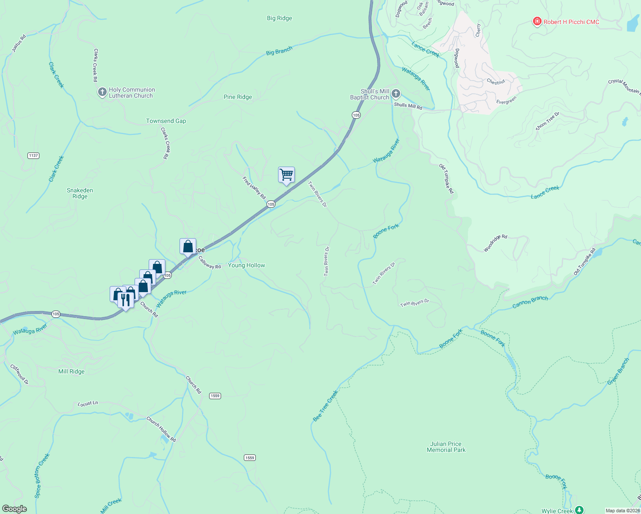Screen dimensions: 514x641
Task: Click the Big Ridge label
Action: click(x=279, y=18)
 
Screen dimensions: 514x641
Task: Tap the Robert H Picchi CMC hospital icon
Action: click(x=536, y=21)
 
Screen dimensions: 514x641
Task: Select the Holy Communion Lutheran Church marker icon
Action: click(x=102, y=92)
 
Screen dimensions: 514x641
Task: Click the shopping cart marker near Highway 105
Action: click(x=286, y=175)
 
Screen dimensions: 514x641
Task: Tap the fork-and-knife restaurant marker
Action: click(x=125, y=300)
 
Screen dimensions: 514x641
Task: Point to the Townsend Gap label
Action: click(x=166, y=121)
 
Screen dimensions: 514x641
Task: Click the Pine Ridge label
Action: click(x=238, y=97)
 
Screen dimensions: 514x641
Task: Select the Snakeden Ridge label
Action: click(x=80, y=194)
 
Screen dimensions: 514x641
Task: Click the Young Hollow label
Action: click(x=246, y=266)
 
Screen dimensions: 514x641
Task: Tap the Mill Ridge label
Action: click(x=72, y=372)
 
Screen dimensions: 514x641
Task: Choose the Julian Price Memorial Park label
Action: click(x=446, y=447)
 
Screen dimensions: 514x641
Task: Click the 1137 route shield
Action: click(x=33, y=155)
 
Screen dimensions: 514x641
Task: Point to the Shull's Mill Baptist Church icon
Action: click(x=396, y=93)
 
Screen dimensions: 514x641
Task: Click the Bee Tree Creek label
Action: click(x=325, y=406)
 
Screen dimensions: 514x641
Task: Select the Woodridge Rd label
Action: click(x=495, y=243)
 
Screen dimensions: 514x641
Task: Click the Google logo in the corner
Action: click(x=14, y=509)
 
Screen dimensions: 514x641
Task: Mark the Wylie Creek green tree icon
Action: click(x=579, y=510)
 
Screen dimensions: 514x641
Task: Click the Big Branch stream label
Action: click(x=279, y=51)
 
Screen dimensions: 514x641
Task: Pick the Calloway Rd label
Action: click(x=210, y=263)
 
